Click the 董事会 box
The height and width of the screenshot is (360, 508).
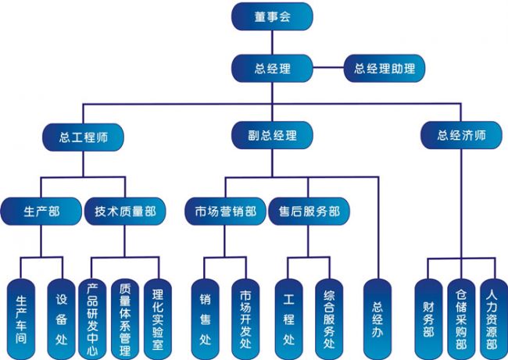click(x=272, y=16)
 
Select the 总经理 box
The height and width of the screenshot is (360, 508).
click(x=272, y=68)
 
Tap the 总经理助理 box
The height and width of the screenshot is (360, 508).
click(x=385, y=68)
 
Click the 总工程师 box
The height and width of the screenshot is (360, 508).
click(x=83, y=135)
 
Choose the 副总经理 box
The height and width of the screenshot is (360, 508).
click(x=272, y=135)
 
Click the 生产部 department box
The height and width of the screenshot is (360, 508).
click(x=41, y=211)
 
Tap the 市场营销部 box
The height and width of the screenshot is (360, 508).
click(x=225, y=211)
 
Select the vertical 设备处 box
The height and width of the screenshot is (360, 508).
click(x=62, y=317)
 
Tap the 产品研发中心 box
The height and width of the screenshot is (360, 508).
click(x=93, y=317)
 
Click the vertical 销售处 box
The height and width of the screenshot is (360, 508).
click(x=206, y=317)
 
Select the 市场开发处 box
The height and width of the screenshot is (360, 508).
click(x=245, y=317)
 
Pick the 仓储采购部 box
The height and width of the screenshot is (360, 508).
click(x=461, y=317)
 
